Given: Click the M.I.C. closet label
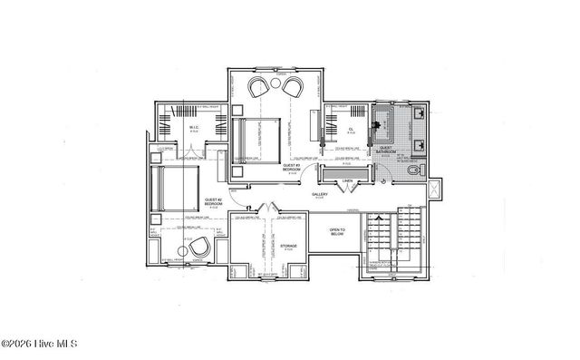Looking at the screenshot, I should [195, 128].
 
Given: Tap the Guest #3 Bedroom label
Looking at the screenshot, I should [291, 169].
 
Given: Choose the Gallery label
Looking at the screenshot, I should [320, 194].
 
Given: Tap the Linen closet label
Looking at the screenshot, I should [348, 181].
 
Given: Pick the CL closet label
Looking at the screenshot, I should [351, 129].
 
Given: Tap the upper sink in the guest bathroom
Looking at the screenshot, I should [421, 114].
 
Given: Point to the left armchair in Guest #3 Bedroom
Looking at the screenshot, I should [260, 86].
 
